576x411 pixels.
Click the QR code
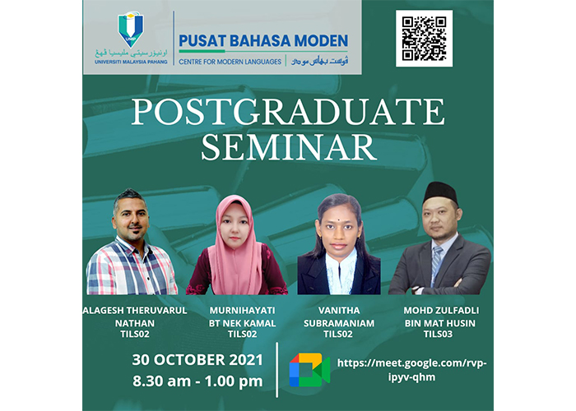[424, 39]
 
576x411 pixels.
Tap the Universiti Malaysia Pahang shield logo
[131, 30]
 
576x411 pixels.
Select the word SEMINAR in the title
[289, 147]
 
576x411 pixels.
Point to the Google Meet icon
[309, 370]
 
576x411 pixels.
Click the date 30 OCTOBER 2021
[197, 360]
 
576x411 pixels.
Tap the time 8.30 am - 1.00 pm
[197, 381]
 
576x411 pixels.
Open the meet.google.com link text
[411, 370]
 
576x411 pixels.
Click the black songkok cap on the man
[440, 192]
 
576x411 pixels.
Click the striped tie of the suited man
[436, 264]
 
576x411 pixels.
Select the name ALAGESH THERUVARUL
[135, 311]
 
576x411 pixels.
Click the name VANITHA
[339, 311]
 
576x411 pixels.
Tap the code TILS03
[439, 334]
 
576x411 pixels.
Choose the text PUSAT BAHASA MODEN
[263, 41]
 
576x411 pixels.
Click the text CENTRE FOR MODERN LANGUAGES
[230, 62]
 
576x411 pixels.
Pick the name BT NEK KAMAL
[243, 323]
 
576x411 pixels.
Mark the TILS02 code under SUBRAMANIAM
[338, 334]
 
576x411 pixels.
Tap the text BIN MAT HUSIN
[440, 323]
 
